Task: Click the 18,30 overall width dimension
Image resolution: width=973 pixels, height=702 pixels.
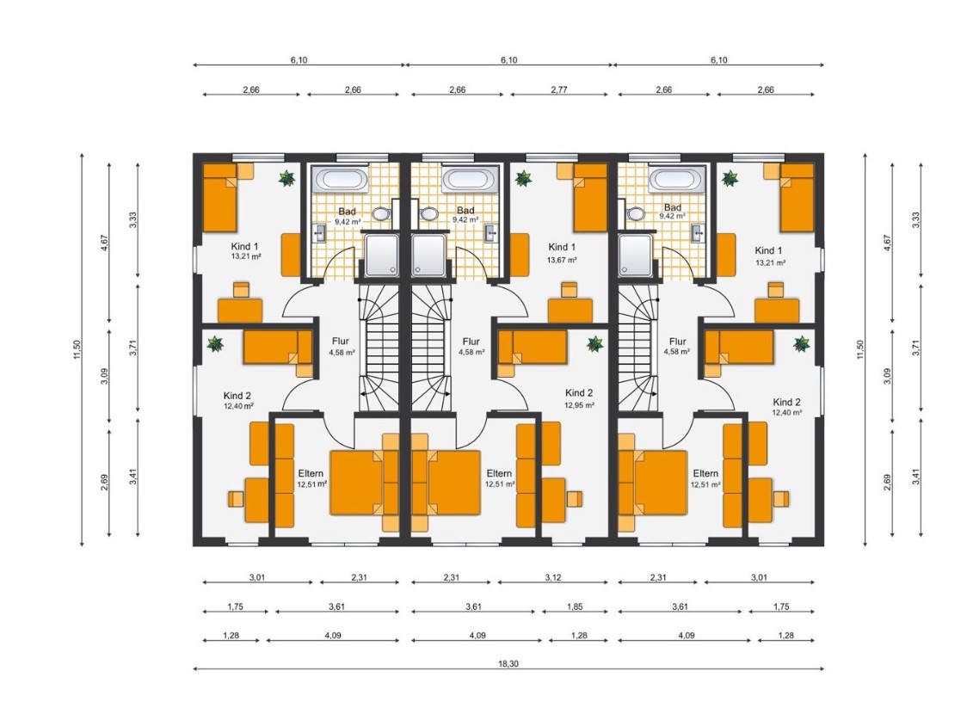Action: pyautogui.click(x=508, y=663)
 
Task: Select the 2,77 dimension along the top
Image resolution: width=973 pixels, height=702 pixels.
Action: pyautogui.click(x=559, y=89)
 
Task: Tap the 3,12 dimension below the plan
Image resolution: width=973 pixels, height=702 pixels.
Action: pyautogui.click(x=553, y=577)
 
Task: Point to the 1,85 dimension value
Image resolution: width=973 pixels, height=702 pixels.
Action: pyautogui.click(x=575, y=607)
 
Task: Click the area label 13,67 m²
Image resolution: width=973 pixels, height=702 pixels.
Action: pyautogui.click(x=562, y=260)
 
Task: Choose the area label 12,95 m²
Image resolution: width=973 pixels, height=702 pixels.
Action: pyautogui.click(x=579, y=405)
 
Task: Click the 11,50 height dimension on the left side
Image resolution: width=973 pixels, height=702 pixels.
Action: pyautogui.click(x=77, y=349)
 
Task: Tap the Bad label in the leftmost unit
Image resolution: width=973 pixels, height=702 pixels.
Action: pyautogui.click(x=347, y=212)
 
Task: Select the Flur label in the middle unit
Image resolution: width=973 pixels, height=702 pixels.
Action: pyautogui.click(x=471, y=342)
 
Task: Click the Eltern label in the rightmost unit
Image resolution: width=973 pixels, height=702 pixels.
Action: pyautogui.click(x=705, y=473)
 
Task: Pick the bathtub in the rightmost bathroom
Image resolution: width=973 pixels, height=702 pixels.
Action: pyautogui.click(x=675, y=180)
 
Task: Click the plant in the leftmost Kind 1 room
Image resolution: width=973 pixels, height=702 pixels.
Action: pyautogui.click(x=286, y=179)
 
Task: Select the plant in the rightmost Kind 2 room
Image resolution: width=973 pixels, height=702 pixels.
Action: pyautogui.click(x=802, y=344)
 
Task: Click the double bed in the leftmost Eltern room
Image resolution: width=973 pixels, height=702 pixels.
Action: pyautogui.click(x=364, y=483)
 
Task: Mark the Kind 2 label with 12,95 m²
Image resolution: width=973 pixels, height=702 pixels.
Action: pyautogui.click(x=579, y=393)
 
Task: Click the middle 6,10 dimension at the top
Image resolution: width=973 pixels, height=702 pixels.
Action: pyautogui.click(x=508, y=60)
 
